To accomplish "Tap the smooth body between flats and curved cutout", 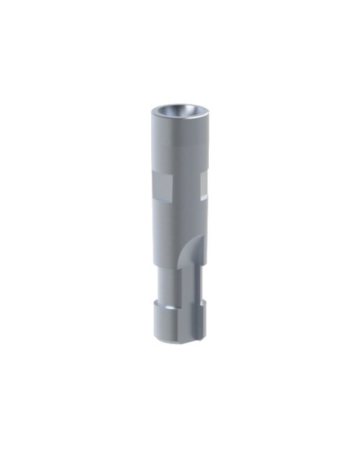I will [176, 223].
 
